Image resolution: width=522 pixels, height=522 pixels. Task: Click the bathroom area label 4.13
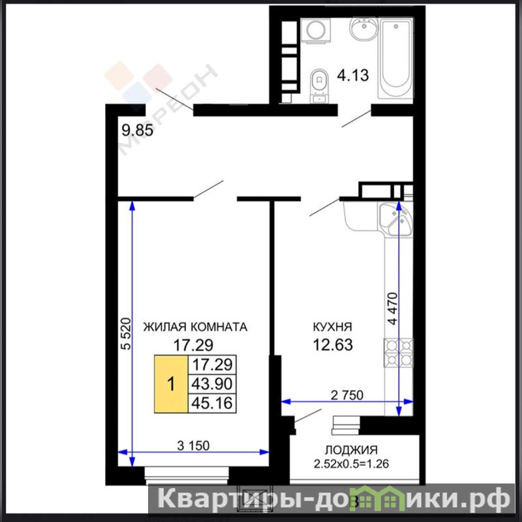click(x=353, y=75)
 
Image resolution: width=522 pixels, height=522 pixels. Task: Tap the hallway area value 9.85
click(x=138, y=130)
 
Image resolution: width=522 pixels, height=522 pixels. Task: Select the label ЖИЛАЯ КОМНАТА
click(x=195, y=327)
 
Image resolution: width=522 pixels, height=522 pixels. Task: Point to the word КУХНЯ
click(x=332, y=327)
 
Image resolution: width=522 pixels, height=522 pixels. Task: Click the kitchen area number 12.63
click(x=333, y=345)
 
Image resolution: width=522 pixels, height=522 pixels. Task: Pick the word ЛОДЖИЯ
click(x=352, y=450)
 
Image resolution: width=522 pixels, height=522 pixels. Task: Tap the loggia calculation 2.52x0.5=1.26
click(x=351, y=464)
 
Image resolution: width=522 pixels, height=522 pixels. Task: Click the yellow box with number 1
click(x=171, y=384)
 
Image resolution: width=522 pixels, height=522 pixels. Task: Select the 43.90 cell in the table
click(x=212, y=384)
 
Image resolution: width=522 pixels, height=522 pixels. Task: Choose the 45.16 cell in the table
click(x=212, y=403)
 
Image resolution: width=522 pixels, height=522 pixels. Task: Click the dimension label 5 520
click(x=126, y=334)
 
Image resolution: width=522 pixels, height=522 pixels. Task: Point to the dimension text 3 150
click(x=193, y=446)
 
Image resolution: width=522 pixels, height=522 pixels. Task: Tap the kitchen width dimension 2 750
click(x=347, y=395)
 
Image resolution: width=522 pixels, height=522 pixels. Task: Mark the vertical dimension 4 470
click(x=393, y=308)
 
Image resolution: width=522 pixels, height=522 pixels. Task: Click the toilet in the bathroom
click(x=319, y=86)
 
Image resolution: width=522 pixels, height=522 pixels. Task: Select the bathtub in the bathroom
click(x=396, y=58)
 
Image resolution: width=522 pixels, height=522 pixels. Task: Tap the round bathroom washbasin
click(x=364, y=29)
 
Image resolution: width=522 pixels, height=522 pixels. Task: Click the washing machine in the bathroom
click(x=316, y=31)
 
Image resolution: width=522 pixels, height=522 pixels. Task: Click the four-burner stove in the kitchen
click(x=399, y=353)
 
